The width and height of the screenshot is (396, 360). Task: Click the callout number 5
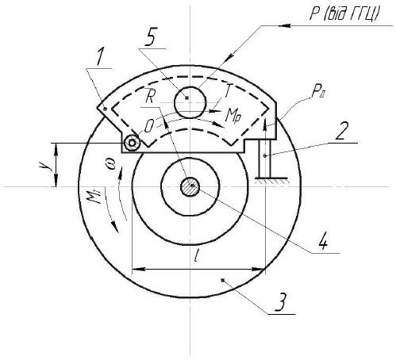pyautogui.click(x=150, y=36)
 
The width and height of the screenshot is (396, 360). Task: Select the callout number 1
pyautogui.click(x=100, y=57)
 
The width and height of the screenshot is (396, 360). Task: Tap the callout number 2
pyautogui.click(x=341, y=131)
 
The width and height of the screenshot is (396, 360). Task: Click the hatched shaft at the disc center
pyautogui.click(x=190, y=186)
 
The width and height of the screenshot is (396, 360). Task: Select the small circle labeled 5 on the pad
pyautogui.click(x=190, y=102)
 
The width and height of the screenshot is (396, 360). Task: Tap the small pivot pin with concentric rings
pyautogui.click(x=132, y=143)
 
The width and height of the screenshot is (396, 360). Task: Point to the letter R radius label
pyautogui.click(x=149, y=98)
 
